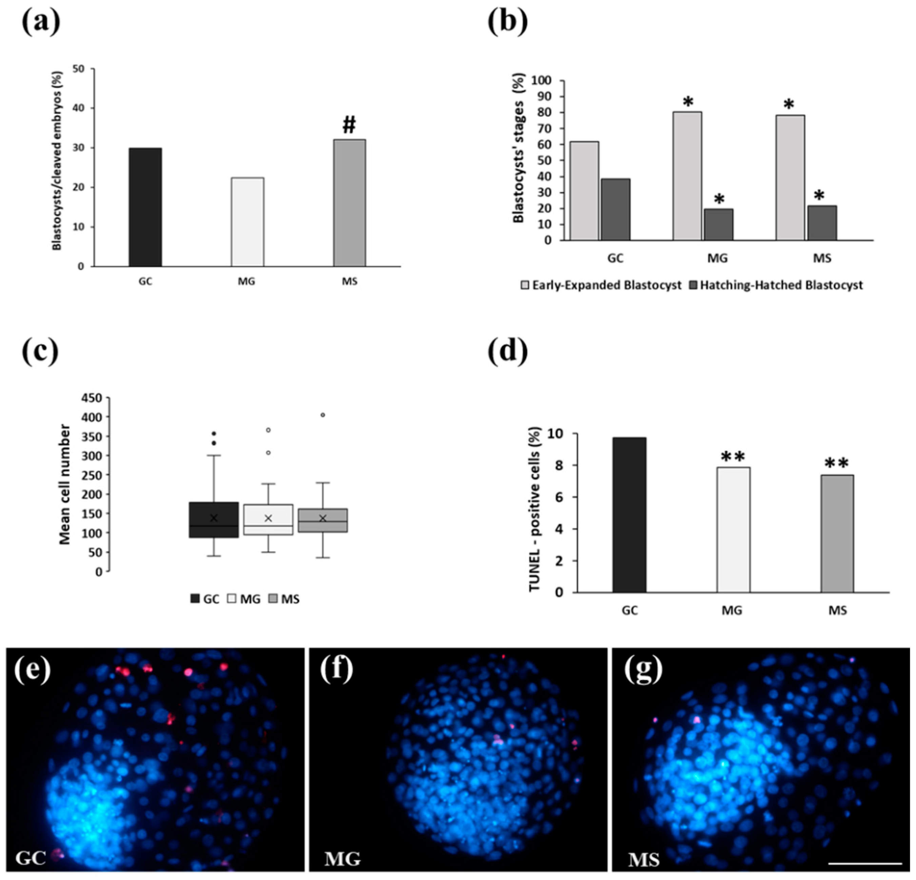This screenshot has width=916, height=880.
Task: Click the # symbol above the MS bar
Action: click(349, 125)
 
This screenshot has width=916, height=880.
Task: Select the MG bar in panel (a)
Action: click(247, 222)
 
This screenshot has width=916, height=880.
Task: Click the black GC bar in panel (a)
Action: click(145, 207)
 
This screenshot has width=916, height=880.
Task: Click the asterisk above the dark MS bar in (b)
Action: click(819, 195)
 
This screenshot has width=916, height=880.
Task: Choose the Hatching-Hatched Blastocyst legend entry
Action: click(776, 285)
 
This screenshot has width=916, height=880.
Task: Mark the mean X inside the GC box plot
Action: click(214, 518)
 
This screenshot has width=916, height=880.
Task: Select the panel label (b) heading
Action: click(507, 21)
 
